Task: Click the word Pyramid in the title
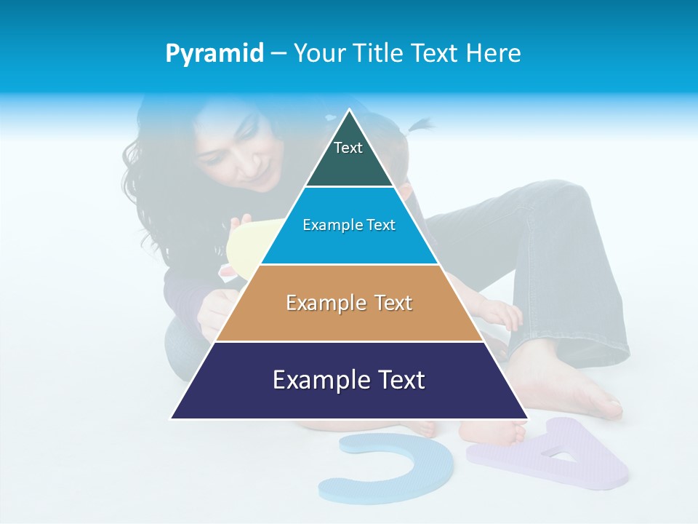pos(214,54)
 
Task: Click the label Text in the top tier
pos(348,148)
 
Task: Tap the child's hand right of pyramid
pos(502,313)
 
